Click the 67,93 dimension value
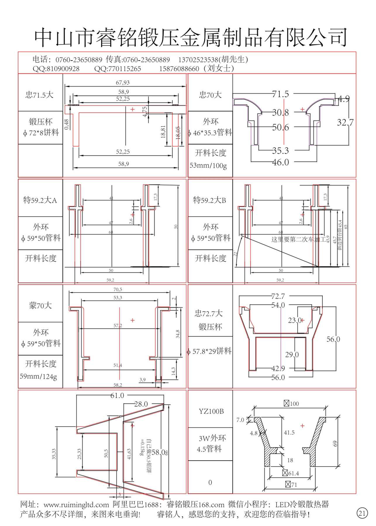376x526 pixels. pos(123,83)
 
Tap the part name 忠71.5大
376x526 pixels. pos(39,95)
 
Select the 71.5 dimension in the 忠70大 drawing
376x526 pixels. pos(280,94)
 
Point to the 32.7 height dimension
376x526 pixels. pos(345,122)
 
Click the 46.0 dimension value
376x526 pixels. pos(280,162)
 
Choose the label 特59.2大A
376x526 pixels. pos(40,200)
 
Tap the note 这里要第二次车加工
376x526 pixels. pos(298,240)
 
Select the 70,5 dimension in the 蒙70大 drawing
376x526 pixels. pos(118,290)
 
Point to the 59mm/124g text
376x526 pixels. pos(38,376)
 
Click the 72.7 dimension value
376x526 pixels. pos(278,296)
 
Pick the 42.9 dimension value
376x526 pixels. pos(278,368)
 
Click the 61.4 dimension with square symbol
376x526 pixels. pos(291,473)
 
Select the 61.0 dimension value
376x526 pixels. pos(117,395)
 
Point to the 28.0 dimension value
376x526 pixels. pos(141,404)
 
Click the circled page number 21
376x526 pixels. pos(362,513)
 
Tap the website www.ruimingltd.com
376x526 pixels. pos(76,505)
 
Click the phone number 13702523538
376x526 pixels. pos(198,60)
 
